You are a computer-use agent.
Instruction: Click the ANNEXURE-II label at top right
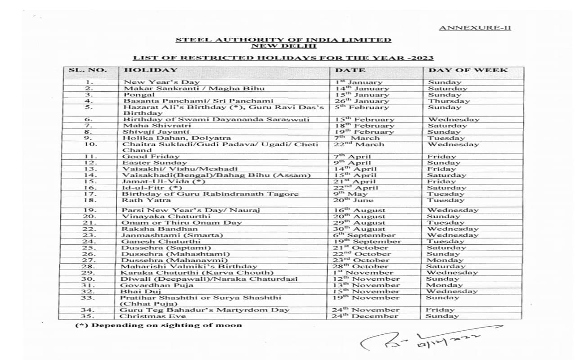coord(475,28)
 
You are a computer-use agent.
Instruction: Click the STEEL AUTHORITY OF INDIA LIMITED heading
coord(283,40)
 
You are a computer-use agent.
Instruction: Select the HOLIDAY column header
coord(150,70)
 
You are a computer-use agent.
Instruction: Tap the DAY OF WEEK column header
coord(468,70)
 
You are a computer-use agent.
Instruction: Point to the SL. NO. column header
coord(88,70)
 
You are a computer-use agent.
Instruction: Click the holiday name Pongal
coord(139,95)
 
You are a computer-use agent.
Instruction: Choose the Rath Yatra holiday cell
coord(140,200)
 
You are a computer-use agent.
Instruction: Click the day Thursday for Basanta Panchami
coord(449,101)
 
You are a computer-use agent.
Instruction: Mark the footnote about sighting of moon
coord(158,325)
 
